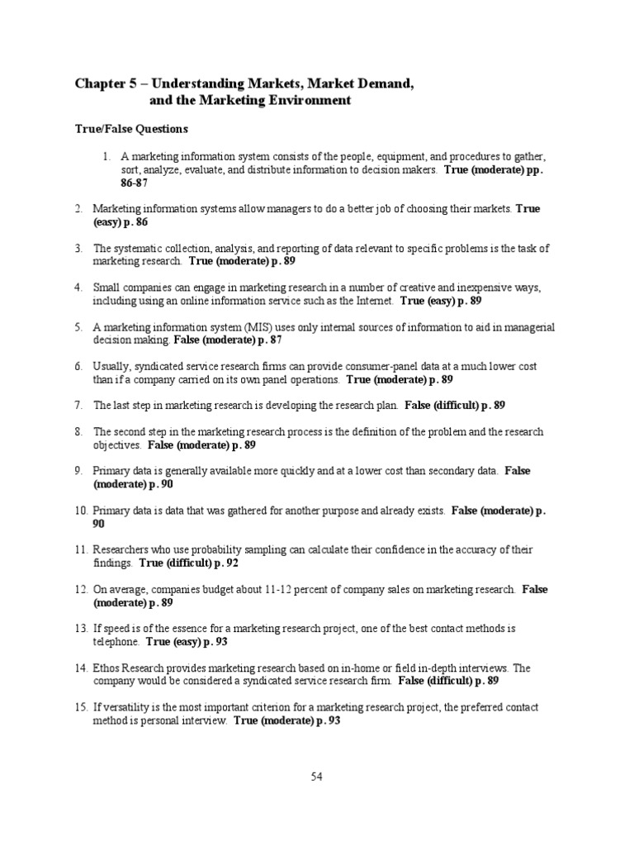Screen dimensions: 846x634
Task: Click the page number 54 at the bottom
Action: click(317, 777)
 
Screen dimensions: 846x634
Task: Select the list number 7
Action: click(78, 406)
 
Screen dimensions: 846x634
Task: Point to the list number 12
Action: click(81, 590)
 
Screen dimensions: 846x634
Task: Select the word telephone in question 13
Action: click(116, 642)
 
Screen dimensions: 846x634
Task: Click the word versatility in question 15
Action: click(128, 707)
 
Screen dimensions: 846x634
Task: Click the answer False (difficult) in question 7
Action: click(442, 406)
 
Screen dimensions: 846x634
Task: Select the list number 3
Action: click(78, 248)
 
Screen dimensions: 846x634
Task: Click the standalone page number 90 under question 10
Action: click(99, 524)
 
